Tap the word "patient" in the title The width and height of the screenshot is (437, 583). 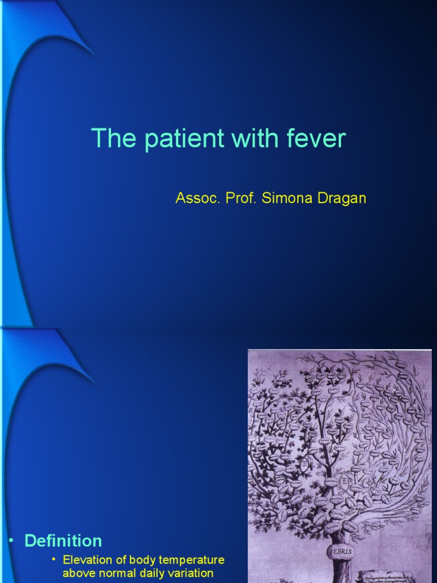(x=174, y=139)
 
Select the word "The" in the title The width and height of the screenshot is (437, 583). (x=109, y=139)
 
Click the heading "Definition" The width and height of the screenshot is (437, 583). (x=63, y=540)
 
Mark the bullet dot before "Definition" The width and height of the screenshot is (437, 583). (x=11, y=540)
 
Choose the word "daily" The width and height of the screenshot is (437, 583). (x=149, y=573)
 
